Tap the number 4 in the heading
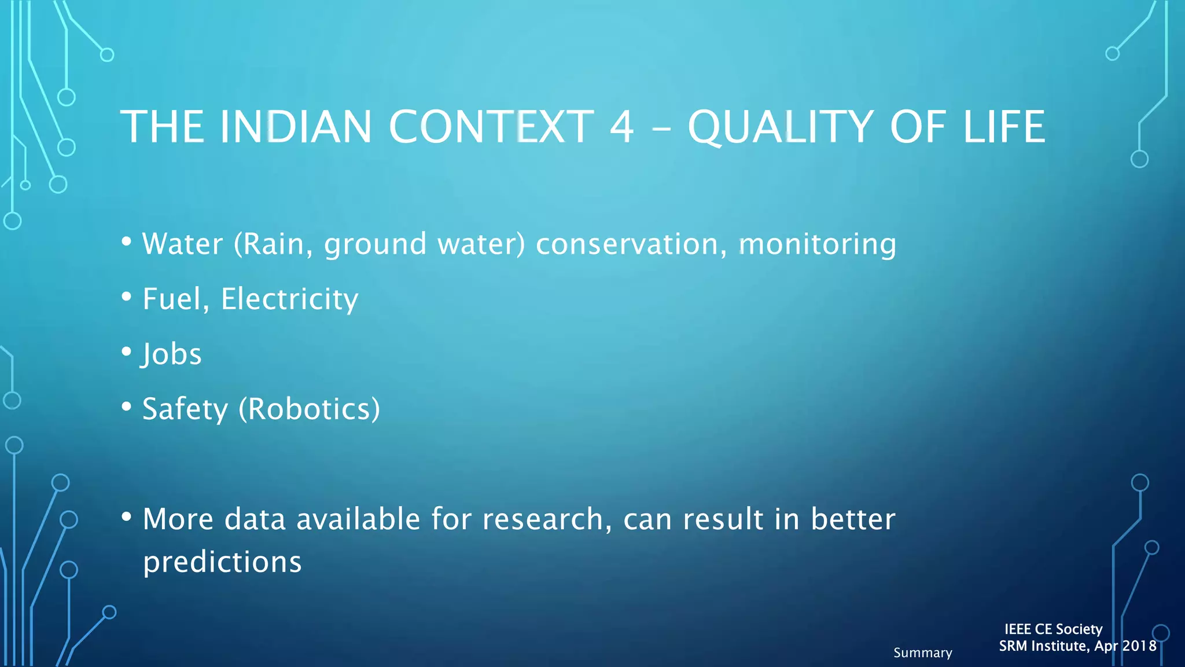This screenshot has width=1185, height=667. tap(621, 127)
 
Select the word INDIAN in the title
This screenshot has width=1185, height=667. tap(296, 127)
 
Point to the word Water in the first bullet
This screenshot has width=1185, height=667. tap(182, 244)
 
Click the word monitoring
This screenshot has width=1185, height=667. tap(817, 244)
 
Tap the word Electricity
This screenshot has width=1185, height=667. tap(289, 299)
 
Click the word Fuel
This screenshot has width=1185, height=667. tap(175, 299)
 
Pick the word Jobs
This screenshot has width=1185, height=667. tap(172, 354)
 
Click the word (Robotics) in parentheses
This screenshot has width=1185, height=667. tap(310, 409)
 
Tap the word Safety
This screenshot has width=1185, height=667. tap(185, 409)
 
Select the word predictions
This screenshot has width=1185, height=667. tap(222, 562)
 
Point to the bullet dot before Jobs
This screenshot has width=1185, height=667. tap(127, 351)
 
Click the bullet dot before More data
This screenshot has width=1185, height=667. tap(127, 516)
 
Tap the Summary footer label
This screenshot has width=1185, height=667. tap(922, 653)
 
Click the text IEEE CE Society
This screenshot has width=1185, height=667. tap(1053, 629)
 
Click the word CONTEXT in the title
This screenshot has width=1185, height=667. tap(491, 127)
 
